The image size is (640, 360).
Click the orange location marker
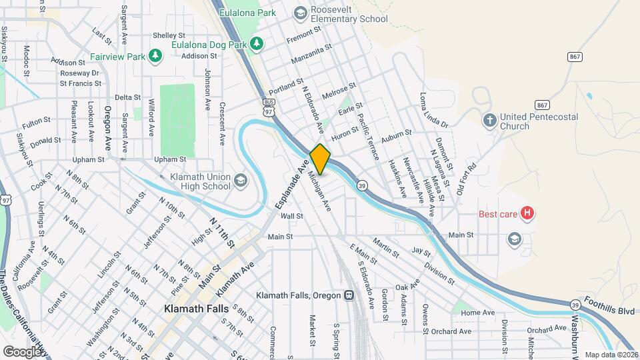coord(320,159)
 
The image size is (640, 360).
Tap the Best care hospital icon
coord(527,214)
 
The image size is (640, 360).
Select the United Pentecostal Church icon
coord(490,120)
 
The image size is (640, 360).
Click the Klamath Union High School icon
coord(240,180)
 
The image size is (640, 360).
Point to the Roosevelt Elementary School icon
coord(300,12)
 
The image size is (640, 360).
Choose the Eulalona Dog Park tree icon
coord(257,44)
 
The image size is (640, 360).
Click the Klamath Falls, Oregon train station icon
coord(349,295)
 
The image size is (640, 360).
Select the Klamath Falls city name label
coord(197,309)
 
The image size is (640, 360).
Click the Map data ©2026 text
coord(611,355)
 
